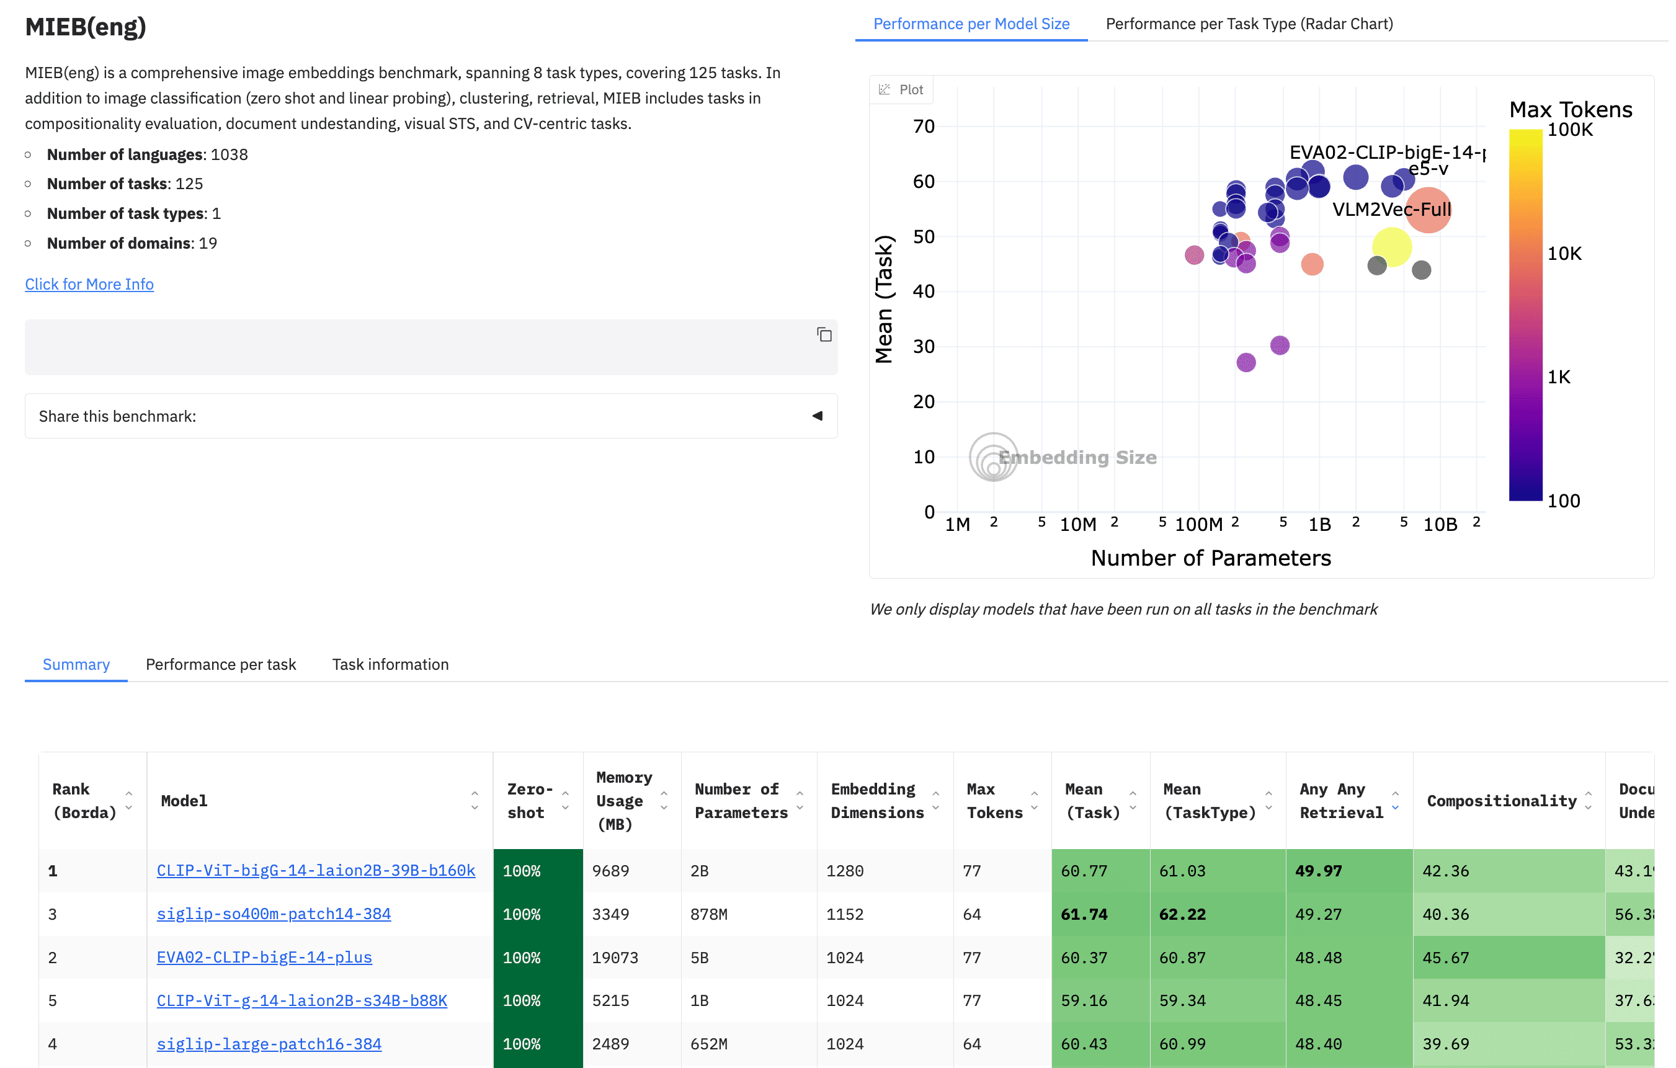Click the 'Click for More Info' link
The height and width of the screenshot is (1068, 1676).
[89, 284]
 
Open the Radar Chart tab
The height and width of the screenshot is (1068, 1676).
[1249, 24]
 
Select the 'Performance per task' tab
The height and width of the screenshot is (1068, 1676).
[221, 664]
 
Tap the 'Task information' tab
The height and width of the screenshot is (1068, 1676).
[390, 664]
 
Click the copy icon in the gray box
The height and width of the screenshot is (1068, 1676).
[824, 335]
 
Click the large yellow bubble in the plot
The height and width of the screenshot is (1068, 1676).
[1391, 246]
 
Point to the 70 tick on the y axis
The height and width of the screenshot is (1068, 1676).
[924, 127]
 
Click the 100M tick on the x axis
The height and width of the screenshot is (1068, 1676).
[1198, 525]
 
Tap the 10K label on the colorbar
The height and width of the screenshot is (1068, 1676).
[1564, 253]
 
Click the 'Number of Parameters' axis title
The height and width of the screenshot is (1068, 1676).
[1210, 558]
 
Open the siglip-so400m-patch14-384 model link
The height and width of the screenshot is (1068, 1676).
[274, 914]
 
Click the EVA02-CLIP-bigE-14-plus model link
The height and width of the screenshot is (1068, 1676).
[264, 957]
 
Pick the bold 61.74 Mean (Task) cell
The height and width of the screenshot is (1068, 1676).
[1084, 914]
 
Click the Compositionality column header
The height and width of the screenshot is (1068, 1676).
[1501, 800]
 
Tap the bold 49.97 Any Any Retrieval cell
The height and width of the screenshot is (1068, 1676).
[1318, 870]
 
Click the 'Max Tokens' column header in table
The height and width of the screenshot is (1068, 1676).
[994, 800]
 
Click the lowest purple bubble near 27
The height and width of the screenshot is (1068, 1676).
[1246, 362]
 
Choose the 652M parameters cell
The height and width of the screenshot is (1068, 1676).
[708, 1043]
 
